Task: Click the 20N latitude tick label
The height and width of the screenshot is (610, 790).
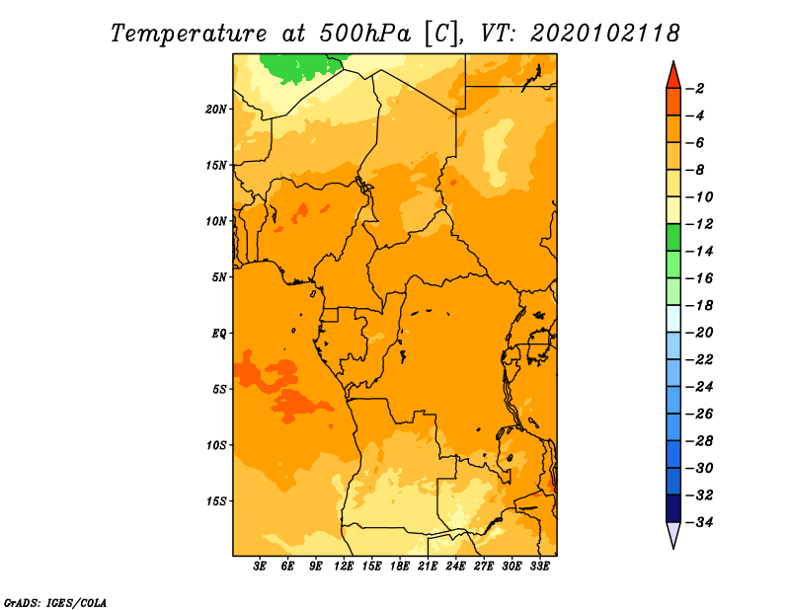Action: click(x=216, y=110)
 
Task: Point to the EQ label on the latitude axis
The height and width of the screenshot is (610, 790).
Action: click(x=218, y=334)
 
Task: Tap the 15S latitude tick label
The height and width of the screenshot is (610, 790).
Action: click(x=216, y=501)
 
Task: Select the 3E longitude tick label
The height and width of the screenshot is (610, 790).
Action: click(x=260, y=566)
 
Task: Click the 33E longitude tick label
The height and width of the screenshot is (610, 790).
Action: click(x=539, y=566)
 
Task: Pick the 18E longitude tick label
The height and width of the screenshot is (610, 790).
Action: click(x=400, y=566)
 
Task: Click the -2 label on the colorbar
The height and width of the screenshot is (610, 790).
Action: click(x=695, y=89)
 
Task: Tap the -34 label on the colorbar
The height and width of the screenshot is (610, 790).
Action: click(x=699, y=522)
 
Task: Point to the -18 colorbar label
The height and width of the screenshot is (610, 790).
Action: click(x=699, y=305)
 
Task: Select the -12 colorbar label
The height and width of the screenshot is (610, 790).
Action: click(x=699, y=224)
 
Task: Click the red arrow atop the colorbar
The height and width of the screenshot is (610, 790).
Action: click(x=673, y=76)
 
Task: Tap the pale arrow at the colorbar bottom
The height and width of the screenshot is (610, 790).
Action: click(x=673, y=535)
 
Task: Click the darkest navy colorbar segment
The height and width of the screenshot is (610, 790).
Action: click(x=673, y=508)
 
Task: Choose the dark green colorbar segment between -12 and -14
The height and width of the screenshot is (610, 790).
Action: click(x=673, y=237)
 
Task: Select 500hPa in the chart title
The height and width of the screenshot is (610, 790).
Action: click(x=364, y=34)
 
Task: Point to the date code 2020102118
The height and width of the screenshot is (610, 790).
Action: click(x=605, y=34)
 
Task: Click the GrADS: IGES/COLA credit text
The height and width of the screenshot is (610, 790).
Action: click(x=55, y=603)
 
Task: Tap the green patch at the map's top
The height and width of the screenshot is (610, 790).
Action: click(x=300, y=68)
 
